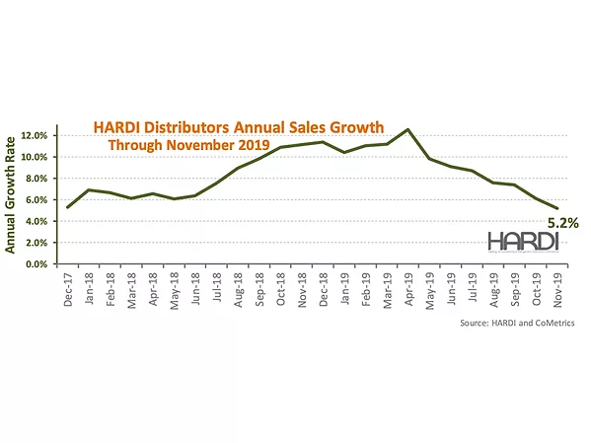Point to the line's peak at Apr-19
(x=408, y=129)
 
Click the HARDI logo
(x=522, y=242)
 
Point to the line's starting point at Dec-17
(x=67, y=207)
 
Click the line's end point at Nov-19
(x=557, y=208)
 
